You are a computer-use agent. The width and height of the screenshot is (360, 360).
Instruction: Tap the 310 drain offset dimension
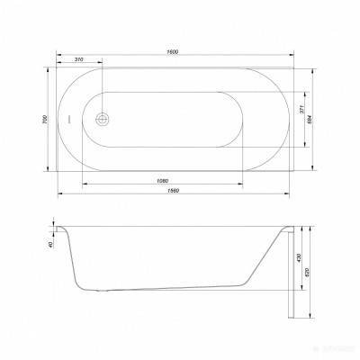[81, 59]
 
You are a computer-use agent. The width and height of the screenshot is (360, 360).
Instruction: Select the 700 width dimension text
[45, 119]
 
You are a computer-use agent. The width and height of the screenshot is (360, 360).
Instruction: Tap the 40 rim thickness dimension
[52, 241]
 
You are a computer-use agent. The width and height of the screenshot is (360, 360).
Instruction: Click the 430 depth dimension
[298, 257]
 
